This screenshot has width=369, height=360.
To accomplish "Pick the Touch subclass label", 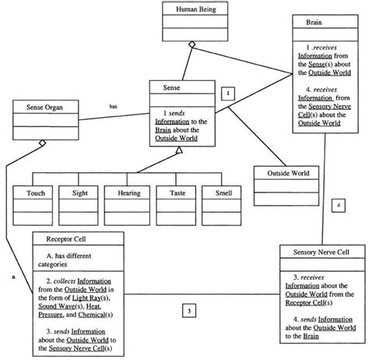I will (x=36, y=192).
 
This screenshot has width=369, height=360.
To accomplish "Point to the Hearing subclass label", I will (x=128, y=192).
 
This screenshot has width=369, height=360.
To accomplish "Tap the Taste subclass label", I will (x=175, y=192).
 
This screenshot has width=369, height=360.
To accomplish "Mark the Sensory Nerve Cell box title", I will (x=320, y=253).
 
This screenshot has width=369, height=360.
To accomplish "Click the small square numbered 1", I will (x=228, y=93).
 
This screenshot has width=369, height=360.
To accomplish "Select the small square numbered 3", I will (x=191, y=312).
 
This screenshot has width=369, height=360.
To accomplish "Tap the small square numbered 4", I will (x=336, y=205).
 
